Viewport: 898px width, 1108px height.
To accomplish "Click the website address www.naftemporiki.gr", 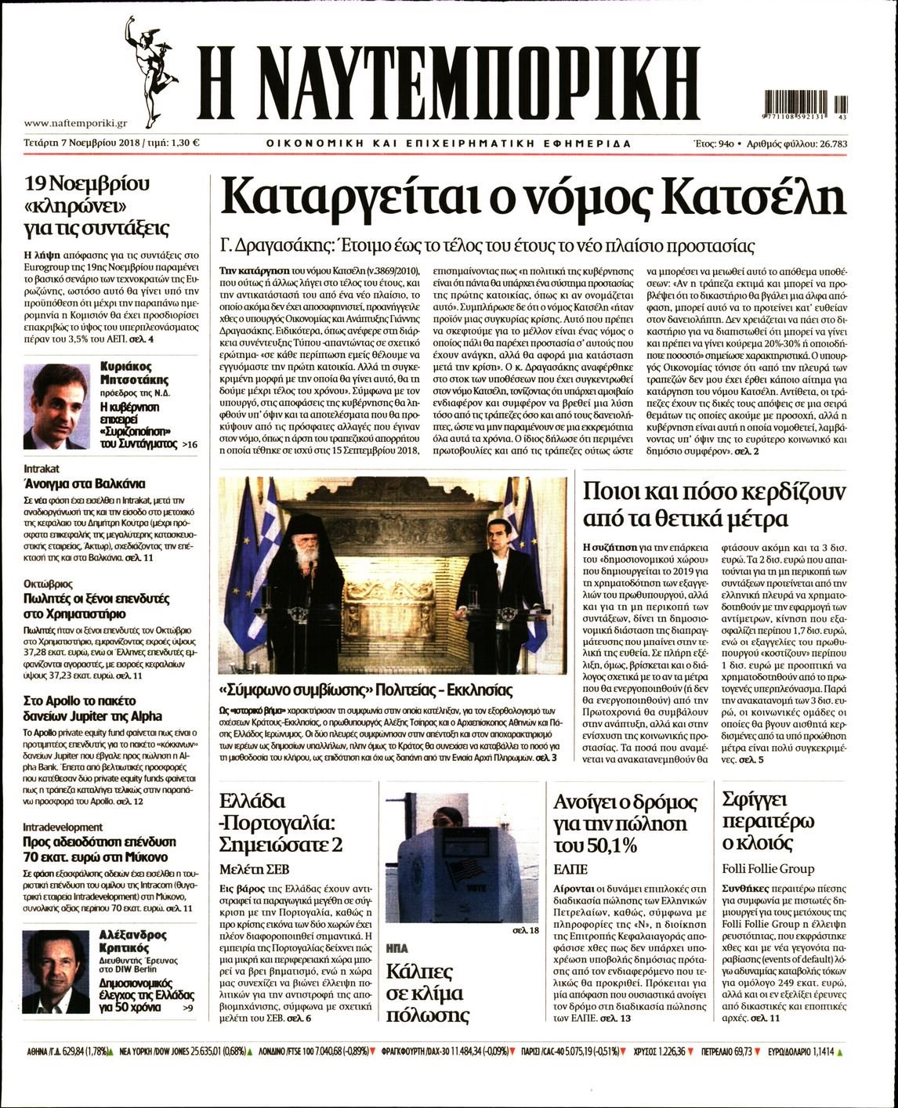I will (75, 123).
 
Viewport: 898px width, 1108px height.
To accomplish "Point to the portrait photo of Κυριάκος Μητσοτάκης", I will (56, 406).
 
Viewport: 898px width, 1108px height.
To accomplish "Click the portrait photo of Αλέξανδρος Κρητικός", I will (56, 972).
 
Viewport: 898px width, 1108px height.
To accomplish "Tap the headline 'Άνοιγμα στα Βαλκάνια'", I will (85, 483).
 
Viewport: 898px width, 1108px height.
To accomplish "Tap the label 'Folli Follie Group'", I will (768, 868).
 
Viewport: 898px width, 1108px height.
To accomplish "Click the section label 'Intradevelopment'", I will (63, 827).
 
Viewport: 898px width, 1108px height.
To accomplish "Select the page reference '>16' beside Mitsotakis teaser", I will (189, 444).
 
